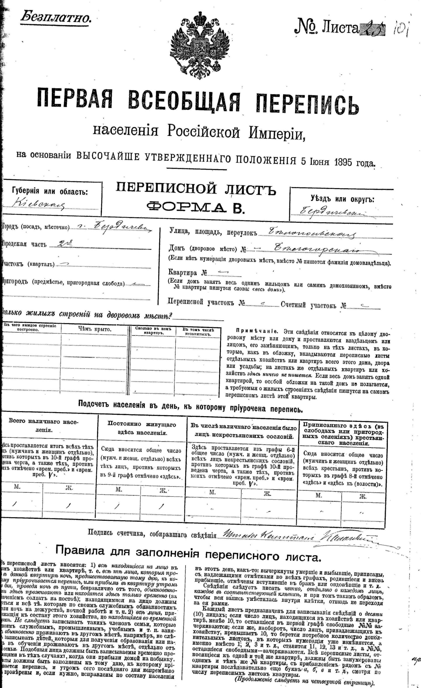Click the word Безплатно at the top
point(56,18)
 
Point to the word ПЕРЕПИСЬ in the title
point(307,105)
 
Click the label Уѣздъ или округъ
point(342,199)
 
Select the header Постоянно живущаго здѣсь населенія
point(142,428)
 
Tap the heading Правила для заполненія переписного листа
point(188,553)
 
